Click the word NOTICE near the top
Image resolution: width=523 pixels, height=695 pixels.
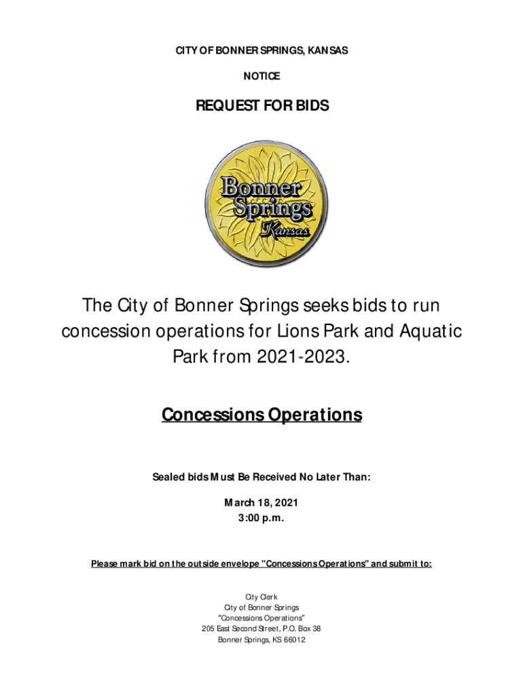click(261, 77)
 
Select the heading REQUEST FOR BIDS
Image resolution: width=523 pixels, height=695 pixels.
click(261, 106)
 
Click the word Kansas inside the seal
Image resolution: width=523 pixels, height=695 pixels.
click(286, 231)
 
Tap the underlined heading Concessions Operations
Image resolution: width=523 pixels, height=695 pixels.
click(261, 414)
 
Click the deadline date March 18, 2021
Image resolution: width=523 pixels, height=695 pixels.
click(261, 503)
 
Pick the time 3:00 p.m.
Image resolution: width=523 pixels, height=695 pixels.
click(261, 519)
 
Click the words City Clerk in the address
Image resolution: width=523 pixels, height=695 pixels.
click(261, 597)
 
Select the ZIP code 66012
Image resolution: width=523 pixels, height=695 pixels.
click(292, 639)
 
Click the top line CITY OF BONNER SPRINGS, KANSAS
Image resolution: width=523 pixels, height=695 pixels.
click(261, 51)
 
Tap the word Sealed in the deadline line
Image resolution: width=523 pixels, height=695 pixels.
click(168, 477)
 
